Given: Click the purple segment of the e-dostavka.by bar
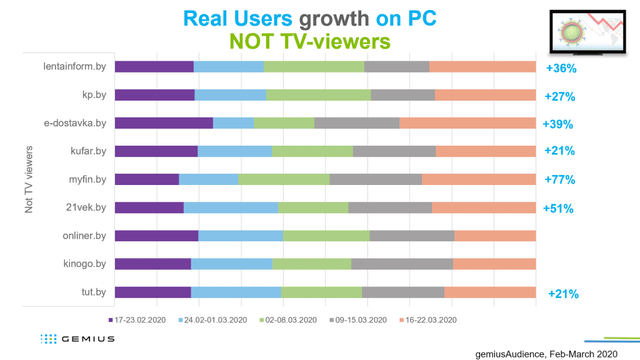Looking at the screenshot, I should point(164,123).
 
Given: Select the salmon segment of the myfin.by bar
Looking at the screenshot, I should point(479,179).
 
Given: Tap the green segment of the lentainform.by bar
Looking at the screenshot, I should point(314,67).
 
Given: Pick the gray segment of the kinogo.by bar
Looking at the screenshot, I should point(402,264).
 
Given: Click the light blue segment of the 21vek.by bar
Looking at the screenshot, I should point(231,207).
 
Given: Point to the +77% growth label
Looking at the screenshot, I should point(559,180).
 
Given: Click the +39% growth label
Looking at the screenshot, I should point(558,124).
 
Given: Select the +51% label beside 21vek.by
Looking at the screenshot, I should point(558,208).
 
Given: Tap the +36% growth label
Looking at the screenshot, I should point(561,68).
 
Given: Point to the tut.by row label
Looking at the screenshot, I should point(93,292).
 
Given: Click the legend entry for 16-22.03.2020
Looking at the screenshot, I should point(424,320).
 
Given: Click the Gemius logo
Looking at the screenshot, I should point(77,339).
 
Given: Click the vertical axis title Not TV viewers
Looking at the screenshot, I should point(29,180).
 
